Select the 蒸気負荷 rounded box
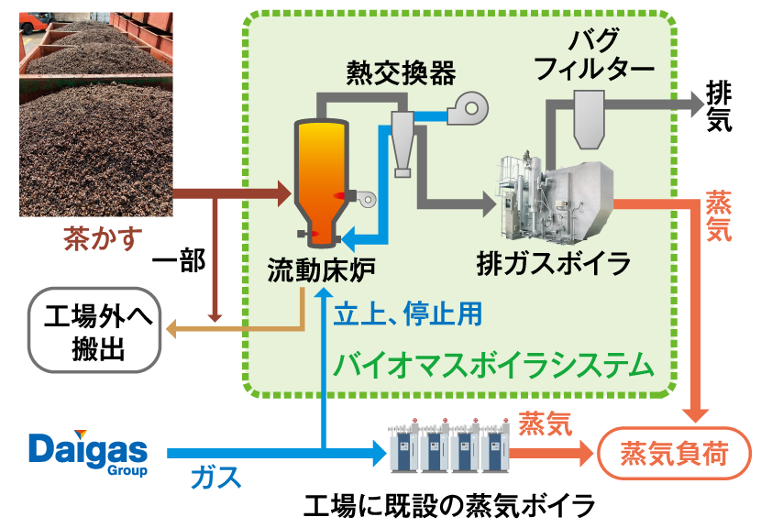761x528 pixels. [x=674, y=453]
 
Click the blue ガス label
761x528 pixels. [x=216, y=477]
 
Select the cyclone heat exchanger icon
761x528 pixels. [x=403, y=141]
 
